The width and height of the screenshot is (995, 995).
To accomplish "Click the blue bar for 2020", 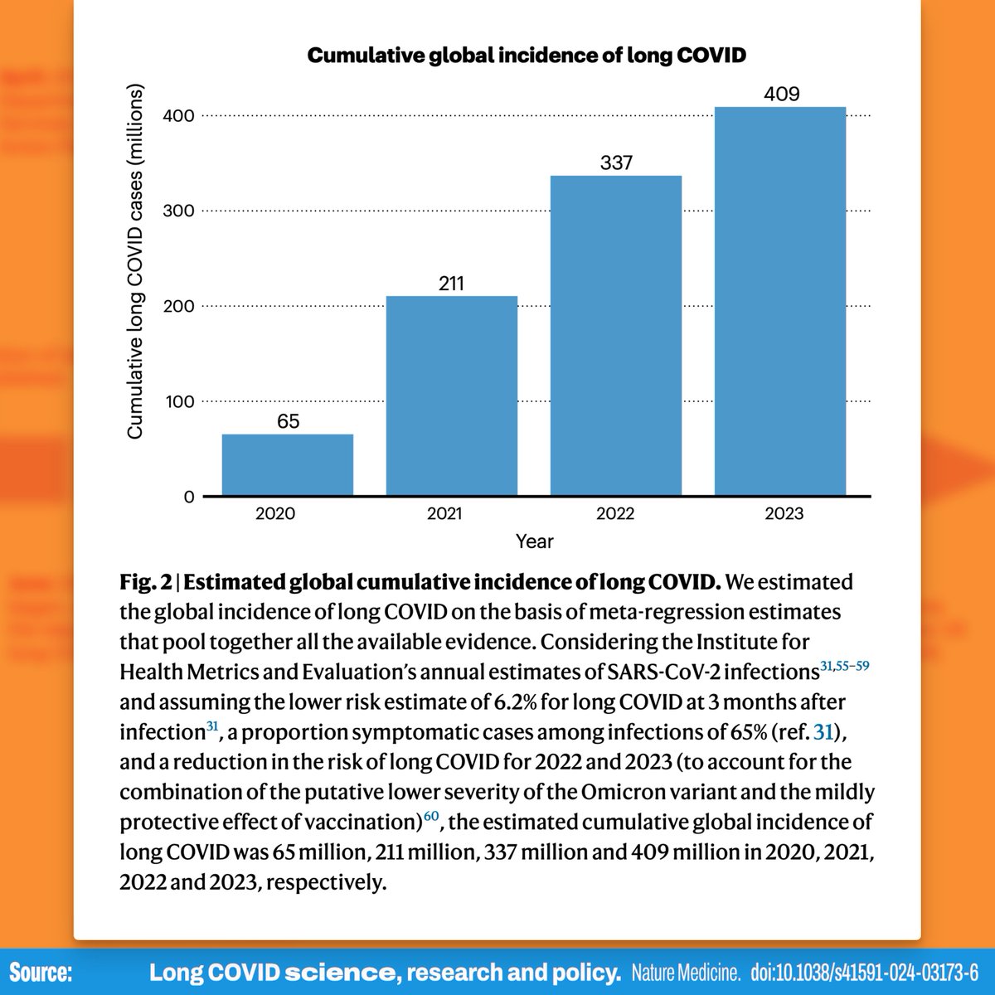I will click(287, 465).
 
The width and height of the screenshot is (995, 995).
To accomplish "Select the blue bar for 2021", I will click(451, 396).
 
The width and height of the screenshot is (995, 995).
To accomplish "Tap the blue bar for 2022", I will click(616, 336).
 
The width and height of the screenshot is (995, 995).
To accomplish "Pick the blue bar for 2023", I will click(780, 302).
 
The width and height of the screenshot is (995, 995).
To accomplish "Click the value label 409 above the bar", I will click(781, 94).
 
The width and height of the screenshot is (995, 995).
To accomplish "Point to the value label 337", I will click(616, 163).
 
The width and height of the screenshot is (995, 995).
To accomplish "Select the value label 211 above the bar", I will click(451, 284).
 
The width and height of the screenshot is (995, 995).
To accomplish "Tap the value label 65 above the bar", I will click(288, 421).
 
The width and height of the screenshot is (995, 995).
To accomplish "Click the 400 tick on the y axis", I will click(178, 116).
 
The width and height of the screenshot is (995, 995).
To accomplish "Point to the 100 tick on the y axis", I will click(178, 402).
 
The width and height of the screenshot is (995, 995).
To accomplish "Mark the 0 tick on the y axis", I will click(188, 498).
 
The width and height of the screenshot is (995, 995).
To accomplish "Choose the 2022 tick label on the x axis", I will click(615, 514).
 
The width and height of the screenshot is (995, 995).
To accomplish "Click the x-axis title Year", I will click(534, 542).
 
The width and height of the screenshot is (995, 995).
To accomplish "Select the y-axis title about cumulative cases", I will click(135, 261).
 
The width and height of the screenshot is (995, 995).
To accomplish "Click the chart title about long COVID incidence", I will click(527, 56).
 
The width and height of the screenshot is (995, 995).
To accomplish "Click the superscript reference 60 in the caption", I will click(431, 816).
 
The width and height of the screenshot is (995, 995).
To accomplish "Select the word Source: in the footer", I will click(41, 972).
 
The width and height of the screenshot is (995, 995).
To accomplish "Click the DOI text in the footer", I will click(863, 972).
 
